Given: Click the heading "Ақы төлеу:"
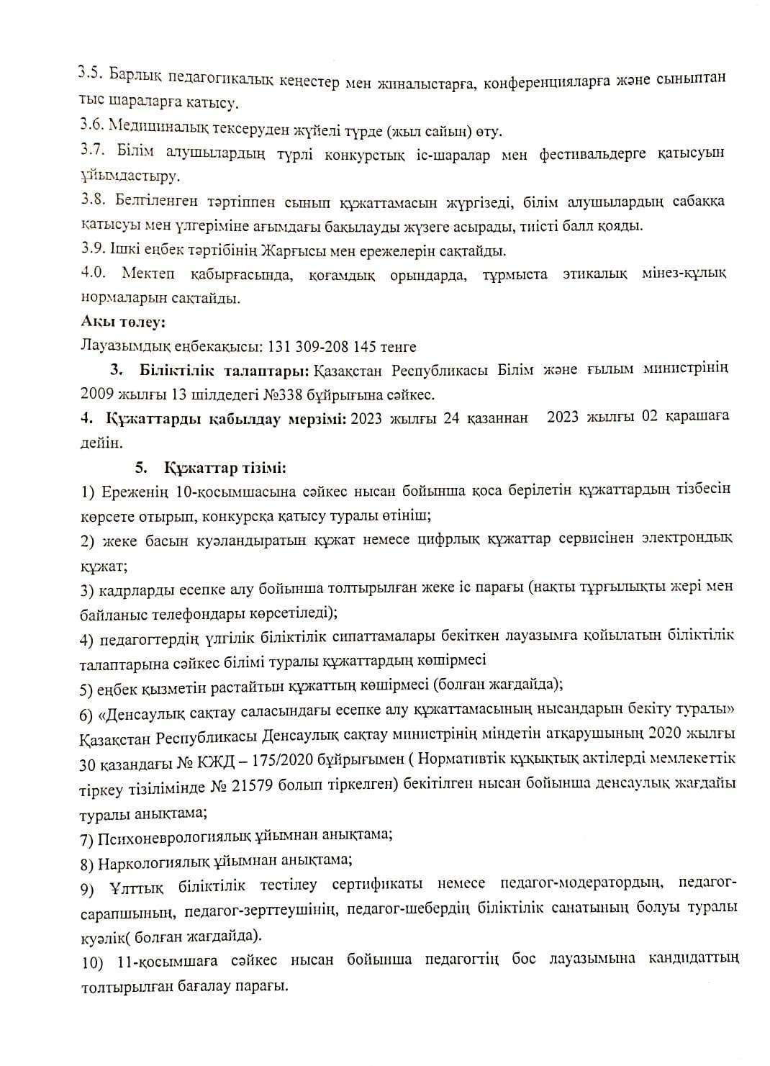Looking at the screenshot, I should coord(123,322).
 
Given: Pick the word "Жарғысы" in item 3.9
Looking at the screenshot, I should coord(276,250).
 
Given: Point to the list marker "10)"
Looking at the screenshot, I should coord(93,962).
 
